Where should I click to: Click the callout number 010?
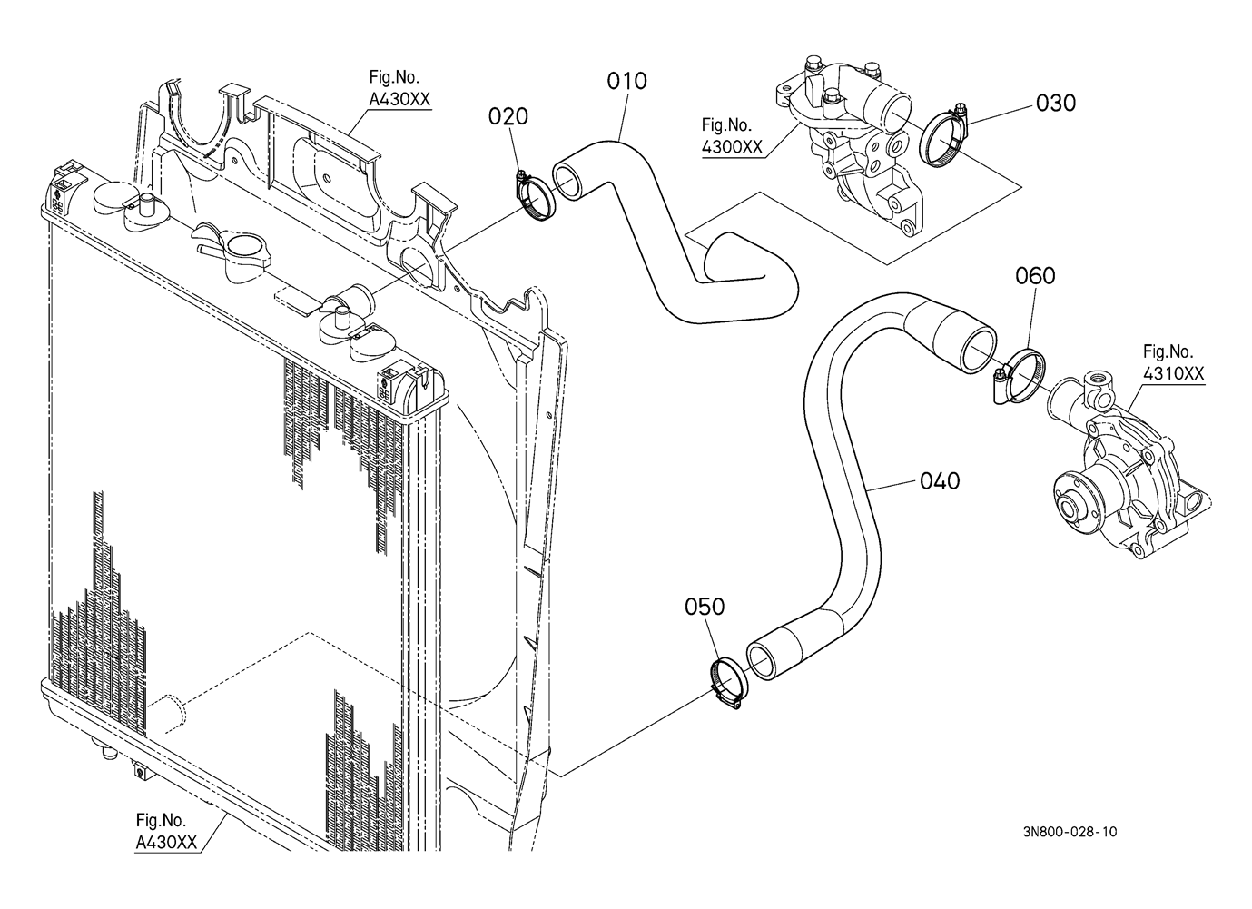pos(626,81)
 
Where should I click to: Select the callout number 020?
pos(508,116)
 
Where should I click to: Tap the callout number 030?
pos(1055,103)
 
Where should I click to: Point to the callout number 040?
pos(940,480)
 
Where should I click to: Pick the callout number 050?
pos(705,607)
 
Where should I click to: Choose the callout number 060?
pos(1035,275)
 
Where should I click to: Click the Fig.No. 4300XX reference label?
pos(732,135)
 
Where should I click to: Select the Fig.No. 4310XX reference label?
pos(1173,362)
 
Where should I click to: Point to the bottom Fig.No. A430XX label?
pos(166,831)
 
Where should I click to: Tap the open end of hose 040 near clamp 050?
pos(760,659)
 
